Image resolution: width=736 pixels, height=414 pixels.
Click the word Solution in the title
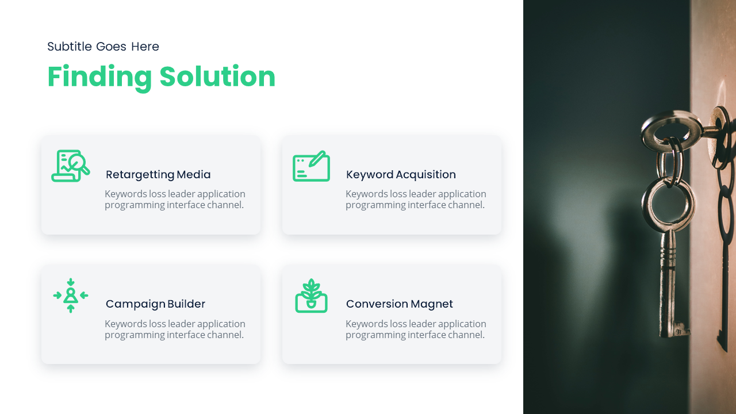[x=217, y=76]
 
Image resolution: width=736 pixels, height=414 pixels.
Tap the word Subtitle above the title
[x=70, y=47]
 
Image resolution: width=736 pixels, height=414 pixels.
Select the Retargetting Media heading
[x=158, y=174]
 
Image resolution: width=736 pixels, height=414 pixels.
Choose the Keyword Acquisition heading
[x=401, y=174]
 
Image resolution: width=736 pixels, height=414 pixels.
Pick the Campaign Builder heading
[x=155, y=304]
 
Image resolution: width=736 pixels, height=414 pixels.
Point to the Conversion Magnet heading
[x=399, y=304]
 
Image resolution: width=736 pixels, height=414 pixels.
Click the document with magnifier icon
[x=71, y=166]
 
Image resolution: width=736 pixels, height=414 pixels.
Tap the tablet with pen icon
[x=311, y=167]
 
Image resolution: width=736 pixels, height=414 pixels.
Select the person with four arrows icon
[x=71, y=296]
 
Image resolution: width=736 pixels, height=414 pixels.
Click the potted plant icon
[x=311, y=296]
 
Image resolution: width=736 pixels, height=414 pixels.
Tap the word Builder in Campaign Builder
[x=186, y=304]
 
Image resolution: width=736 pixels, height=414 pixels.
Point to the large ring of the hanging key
[x=668, y=204]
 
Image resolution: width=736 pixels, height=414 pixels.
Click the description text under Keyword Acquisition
[x=416, y=200]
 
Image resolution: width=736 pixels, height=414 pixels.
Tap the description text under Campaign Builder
[x=175, y=329]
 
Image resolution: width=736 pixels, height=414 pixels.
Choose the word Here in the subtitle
[x=145, y=47]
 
